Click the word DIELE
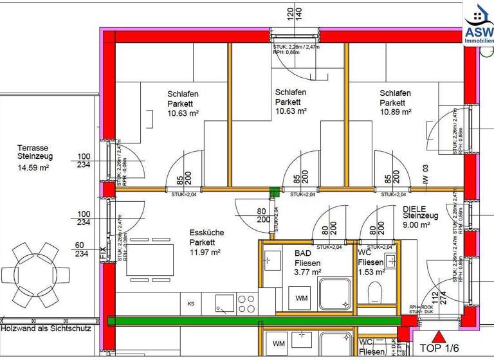tap(416, 210)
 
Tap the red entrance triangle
tap(439, 336)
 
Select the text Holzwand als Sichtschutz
tap(50, 328)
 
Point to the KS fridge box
tap(191, 303)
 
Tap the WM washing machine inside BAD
tap(302, 298)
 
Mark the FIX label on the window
tap(103, 253)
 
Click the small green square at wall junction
tap(275, 190)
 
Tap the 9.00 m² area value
tap(415, 226)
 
